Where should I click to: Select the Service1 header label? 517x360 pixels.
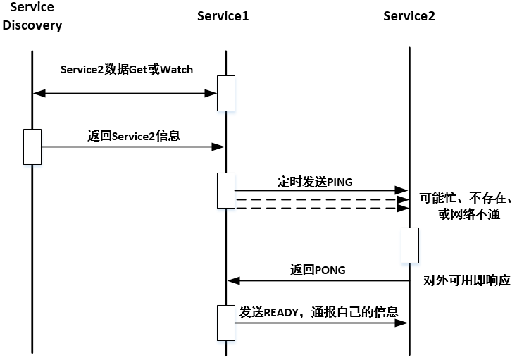(x=223, y=16)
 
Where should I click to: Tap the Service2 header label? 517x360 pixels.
(x=409, y=16)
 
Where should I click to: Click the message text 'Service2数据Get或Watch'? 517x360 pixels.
(x=127, y=70)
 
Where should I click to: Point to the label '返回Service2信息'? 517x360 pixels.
(x=134, y=136)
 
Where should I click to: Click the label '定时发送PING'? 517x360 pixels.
(x=315, y=181)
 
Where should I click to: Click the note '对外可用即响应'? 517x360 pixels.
(x=467, y=280)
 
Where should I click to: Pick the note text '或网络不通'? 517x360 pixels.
(x=468, y=214)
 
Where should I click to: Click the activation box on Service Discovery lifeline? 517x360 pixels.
(x=32, y=147)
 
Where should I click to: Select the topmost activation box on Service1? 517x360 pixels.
(x=226, y=93)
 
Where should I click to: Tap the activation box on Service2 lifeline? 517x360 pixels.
(x=409, y=245)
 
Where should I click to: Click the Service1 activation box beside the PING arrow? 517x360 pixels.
(x=226, y=190)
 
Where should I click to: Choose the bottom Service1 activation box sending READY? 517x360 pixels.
(x=226, y=323)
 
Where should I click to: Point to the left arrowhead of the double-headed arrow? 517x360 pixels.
(x=38, y=93)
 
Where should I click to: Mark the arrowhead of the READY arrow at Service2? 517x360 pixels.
(x=404, y=323)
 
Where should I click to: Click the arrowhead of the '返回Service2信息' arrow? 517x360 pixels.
(x=219, y=147)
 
